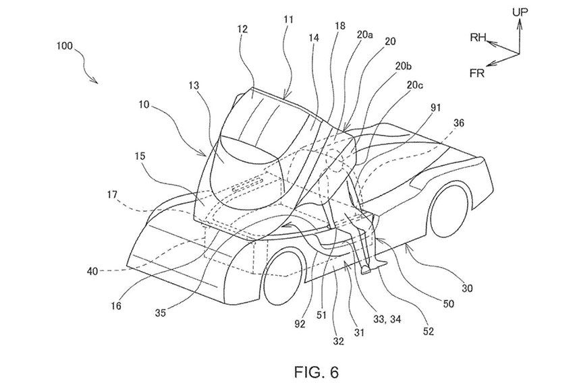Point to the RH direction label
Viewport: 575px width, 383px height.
[479, 38]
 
